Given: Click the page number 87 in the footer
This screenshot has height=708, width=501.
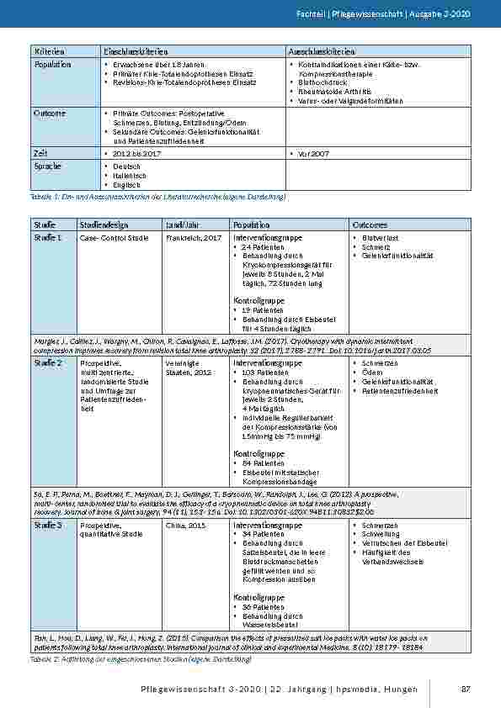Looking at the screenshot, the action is click(x=465, y=690).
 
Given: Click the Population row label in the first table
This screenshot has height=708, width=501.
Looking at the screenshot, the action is click(x=52, y=64).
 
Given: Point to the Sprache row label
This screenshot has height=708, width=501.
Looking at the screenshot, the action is click(x=48, y=166).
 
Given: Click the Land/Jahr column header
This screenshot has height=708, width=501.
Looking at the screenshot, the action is click(x=185, y=225).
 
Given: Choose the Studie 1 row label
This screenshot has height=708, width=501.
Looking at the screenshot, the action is click(x=47, y=238).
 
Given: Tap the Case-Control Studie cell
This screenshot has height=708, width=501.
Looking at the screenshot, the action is click(x=113, y=239).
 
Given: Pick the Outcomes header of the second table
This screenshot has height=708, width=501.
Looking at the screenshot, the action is click(x=370, y=225).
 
